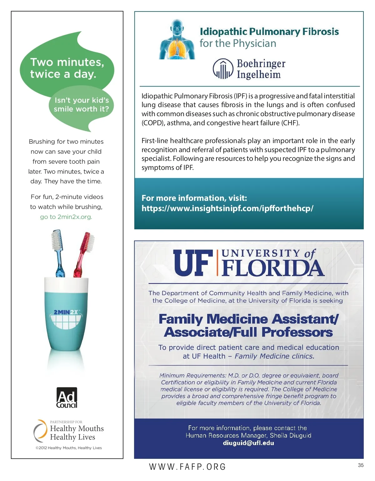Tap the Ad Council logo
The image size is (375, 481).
(x=67, y=398)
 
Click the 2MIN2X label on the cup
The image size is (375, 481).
(x=66, y=312)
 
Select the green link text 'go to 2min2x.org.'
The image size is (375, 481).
(x=66, y=217)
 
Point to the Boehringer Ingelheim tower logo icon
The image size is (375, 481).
(x=223, y=69)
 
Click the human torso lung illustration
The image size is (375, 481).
(x=177, y=40)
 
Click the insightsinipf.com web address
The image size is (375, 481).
(x=227, y=208)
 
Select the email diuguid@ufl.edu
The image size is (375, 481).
(x=248, y=443)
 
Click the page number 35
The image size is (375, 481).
(x=361, y=465)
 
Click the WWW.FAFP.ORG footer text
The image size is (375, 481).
(x=187, y=467)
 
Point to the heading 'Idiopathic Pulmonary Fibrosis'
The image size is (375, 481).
(x=269, y=32)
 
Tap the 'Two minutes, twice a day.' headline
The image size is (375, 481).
(x=67, y=68)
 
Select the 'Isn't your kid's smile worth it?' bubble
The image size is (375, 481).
(x=81, y=104)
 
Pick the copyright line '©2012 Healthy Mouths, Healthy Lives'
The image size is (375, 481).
(x=69, y=448)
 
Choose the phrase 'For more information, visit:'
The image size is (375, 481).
(x=194, y=198)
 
